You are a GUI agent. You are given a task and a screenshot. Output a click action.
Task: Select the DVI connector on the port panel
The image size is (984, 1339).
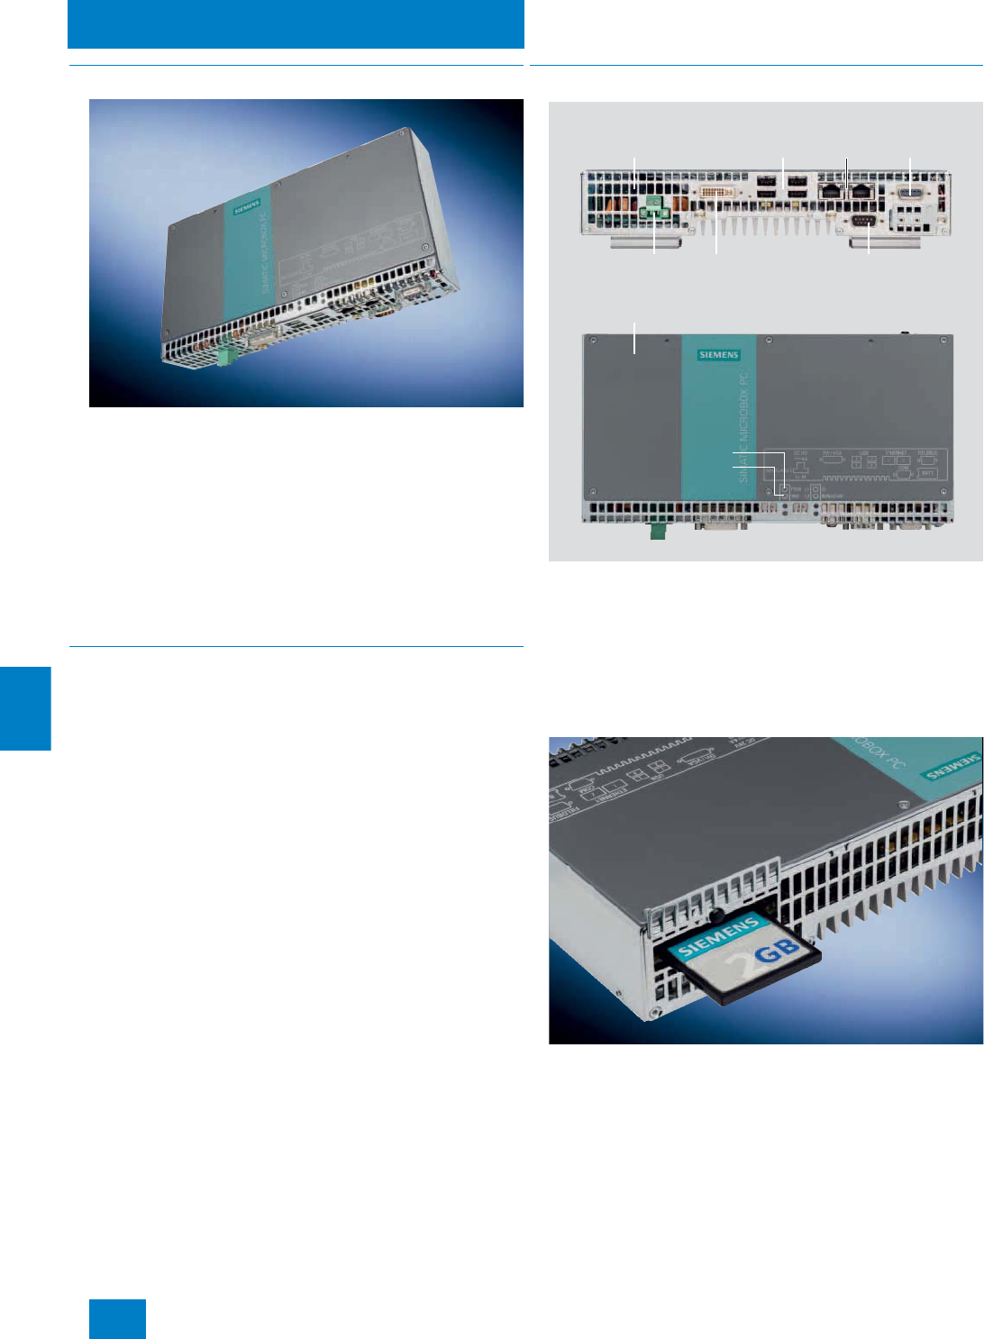[x=718, y=192]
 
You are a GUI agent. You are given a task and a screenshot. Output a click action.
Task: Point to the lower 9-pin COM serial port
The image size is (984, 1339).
[x=863, y=222]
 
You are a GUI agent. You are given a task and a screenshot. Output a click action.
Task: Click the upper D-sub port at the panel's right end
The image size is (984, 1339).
[x=911, y=192]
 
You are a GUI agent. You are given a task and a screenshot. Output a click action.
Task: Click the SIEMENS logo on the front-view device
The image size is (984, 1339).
[x=718, y=355]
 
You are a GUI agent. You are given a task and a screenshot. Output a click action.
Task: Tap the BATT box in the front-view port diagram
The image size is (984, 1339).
[x=927, y=473]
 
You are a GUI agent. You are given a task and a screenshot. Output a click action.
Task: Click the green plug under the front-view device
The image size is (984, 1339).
[x=658, y=532]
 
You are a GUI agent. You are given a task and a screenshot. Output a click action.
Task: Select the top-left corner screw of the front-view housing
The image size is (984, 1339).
[x=595, y=341]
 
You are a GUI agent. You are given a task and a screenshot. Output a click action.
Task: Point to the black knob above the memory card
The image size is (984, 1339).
[x=716, y=915]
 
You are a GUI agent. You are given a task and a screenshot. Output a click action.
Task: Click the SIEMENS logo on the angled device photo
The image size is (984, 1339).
[x=246, y=207]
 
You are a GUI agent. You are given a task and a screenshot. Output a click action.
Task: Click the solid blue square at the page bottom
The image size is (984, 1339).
[x=117, y=1318]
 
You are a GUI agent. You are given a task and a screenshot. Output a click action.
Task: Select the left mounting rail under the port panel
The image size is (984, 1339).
[x=646, y=242]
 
